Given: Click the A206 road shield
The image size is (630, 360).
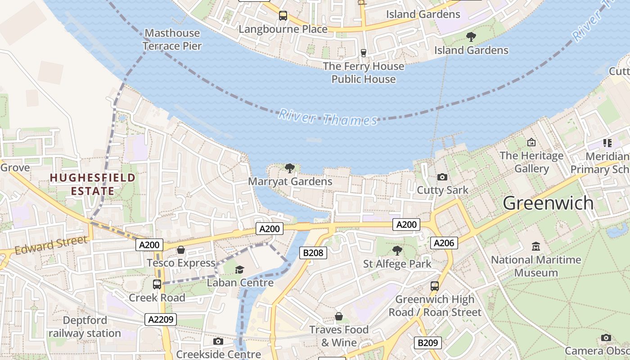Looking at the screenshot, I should (x=444, y=243).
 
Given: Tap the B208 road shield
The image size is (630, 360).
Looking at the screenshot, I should (x=313, y=252).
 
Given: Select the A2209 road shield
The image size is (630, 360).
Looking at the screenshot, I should (x=161, y=319).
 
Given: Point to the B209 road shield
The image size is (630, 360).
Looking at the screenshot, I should (x=427, y=343).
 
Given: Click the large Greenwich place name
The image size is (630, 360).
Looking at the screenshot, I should (x=548, y=203).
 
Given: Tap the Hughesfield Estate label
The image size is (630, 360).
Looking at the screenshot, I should (x=92, y=184).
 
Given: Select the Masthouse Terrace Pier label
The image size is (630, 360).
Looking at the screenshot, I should (x=172, y=39).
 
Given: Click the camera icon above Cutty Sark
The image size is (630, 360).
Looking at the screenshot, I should (x=442, y=177).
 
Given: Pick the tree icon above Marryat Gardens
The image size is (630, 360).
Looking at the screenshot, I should (x=290, y=168).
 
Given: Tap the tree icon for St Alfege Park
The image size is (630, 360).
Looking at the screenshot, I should (x=397, y=250).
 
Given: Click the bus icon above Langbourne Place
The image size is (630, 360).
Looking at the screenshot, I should (x=283, y=16).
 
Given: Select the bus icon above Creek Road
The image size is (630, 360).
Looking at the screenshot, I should (x=157, y=284).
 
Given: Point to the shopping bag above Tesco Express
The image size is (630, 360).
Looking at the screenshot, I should (x=181, y=250).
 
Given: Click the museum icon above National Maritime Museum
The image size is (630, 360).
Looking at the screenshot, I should (x=535, y=247).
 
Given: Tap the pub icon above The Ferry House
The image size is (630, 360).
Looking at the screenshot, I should (x=364, y=53).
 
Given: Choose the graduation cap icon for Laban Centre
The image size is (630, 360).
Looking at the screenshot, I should (x=239, y=270).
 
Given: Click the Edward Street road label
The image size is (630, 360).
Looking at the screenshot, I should (x=50, y=245).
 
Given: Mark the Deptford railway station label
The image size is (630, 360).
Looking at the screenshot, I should (x=85, y=327).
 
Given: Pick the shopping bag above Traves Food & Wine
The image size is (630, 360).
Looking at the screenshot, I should (x=338, y=317).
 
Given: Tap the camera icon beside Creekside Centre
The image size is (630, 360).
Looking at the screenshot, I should (x=218, y=342).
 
